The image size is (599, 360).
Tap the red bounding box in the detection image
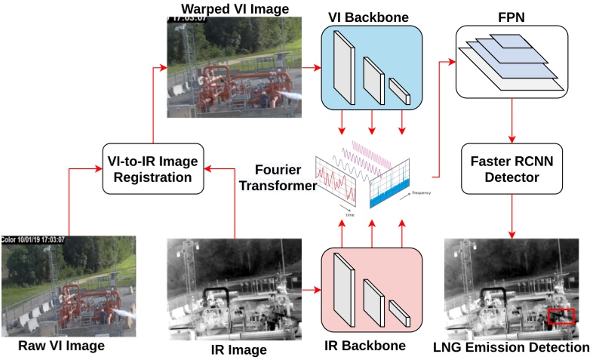click(561, 316)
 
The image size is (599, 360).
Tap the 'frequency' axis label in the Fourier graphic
click(422, 193)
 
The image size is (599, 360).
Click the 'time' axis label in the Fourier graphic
click(350, 215)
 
